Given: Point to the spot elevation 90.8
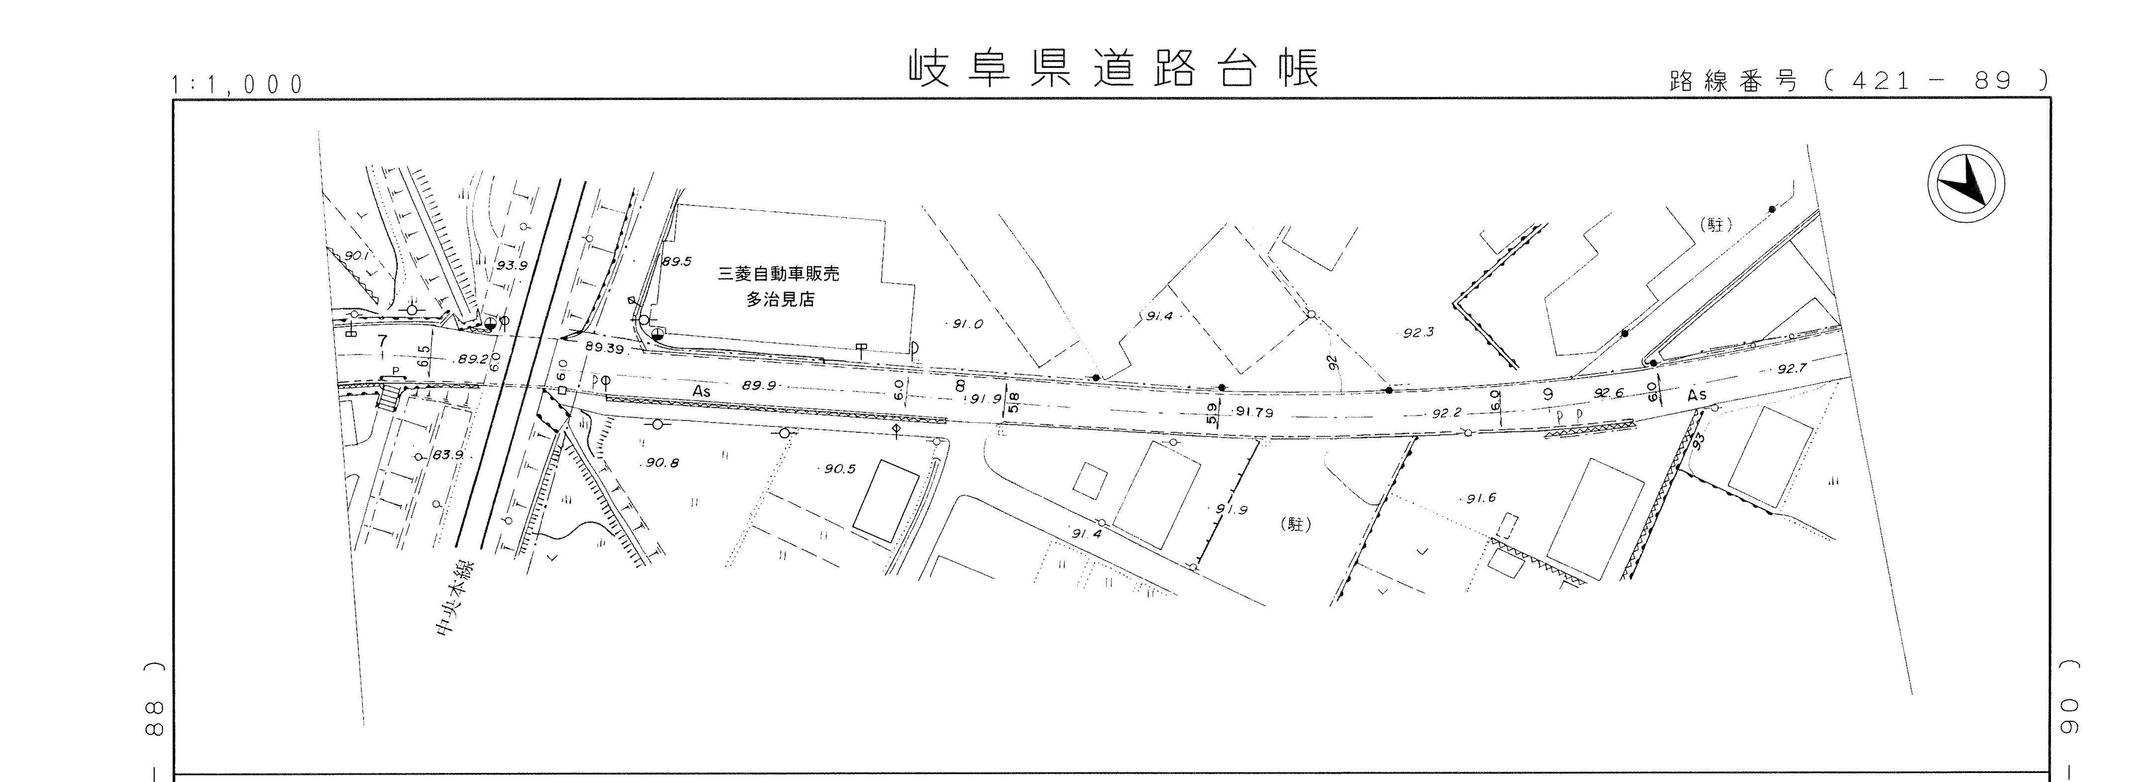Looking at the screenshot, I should click(661, 463).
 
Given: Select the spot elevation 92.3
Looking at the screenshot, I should click(1418, 333).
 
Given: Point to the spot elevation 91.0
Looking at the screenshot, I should click(967, 324).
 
